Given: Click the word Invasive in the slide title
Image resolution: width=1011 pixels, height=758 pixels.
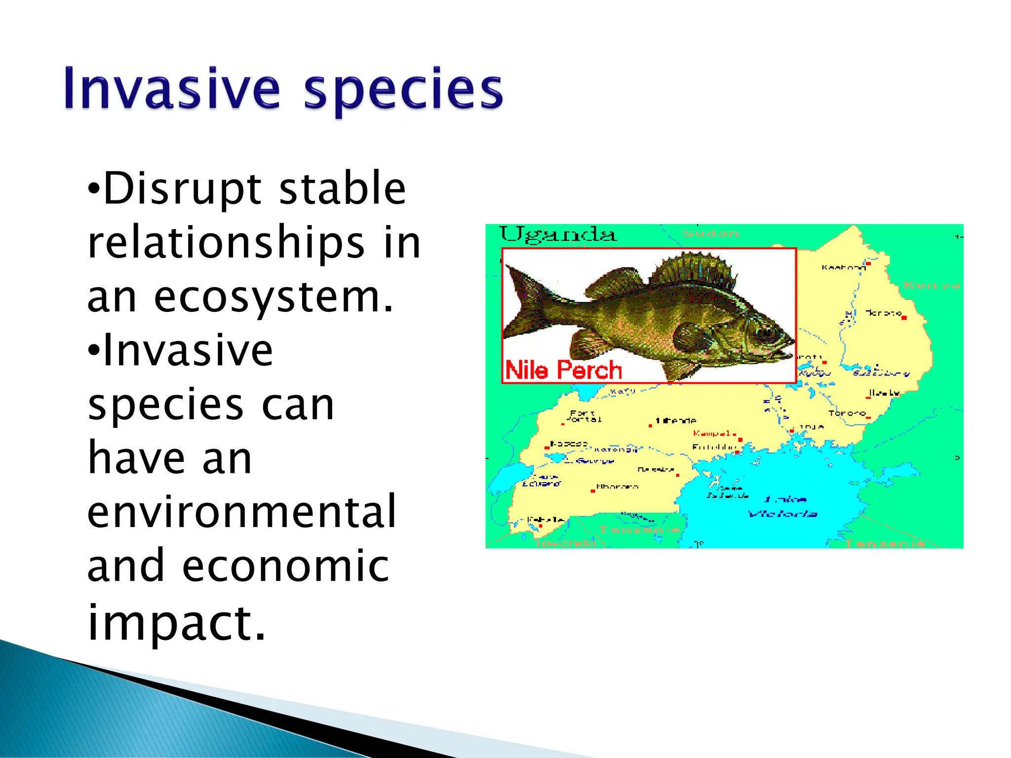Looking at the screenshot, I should [x=172, y=89].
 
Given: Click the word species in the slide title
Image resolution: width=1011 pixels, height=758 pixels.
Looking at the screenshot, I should [x=402, y=91].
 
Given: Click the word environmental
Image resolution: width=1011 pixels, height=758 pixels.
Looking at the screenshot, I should [x=242, y=511].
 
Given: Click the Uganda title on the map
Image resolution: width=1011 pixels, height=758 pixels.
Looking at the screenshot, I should [x=558, y=234].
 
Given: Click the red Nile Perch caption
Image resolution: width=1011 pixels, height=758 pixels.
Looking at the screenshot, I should [x=563, y=370].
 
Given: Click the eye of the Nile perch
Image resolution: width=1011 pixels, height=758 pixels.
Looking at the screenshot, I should [x=767, y=332].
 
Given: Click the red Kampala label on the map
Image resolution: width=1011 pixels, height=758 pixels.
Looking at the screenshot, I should [x=712, y=434].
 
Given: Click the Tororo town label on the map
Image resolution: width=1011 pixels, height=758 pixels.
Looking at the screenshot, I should [x=847, y=414].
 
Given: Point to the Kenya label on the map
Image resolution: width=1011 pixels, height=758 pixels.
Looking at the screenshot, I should [x=931, y=285].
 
